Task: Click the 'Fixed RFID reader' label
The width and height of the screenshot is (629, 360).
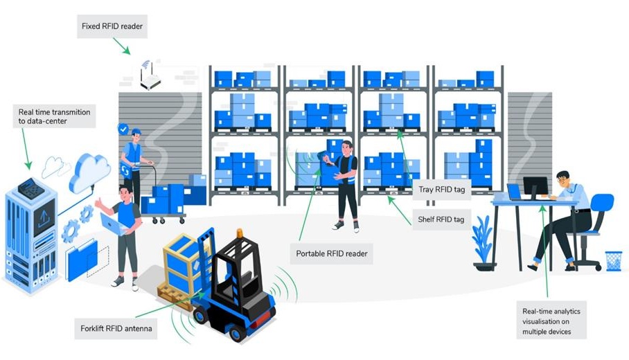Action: click(x=112, y=26)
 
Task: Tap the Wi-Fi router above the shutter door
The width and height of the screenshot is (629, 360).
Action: click(x=150, y=78)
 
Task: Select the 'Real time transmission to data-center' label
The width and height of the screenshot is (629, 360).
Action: click(x=54, y=116)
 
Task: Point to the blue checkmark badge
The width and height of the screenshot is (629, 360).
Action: click(x=123, y=129)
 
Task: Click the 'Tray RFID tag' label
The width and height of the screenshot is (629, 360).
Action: click(x=442, y=189)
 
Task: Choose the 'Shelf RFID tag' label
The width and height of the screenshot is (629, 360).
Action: click(x=441, y=219)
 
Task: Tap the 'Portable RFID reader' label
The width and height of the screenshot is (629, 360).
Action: click(x=331, y=253)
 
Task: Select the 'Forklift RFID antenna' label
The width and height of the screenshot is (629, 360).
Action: click(x=116, y=328)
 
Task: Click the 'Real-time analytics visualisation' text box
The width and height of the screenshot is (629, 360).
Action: click(x=551, y=321)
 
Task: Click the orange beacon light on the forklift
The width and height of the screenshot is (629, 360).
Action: click(x=240, y=233)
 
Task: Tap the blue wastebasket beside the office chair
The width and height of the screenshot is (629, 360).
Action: click(x=613, y=261)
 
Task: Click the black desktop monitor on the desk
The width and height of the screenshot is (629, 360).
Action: click(x=535, y=187)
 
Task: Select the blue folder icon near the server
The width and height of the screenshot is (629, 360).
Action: click(x=82, y=260)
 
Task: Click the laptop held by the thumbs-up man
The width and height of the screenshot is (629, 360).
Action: click(x=114, y=225)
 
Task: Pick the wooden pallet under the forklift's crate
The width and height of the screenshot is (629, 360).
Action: click(x=177, y=295)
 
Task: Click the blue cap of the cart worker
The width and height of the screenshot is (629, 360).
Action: click(x=136, y=132)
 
